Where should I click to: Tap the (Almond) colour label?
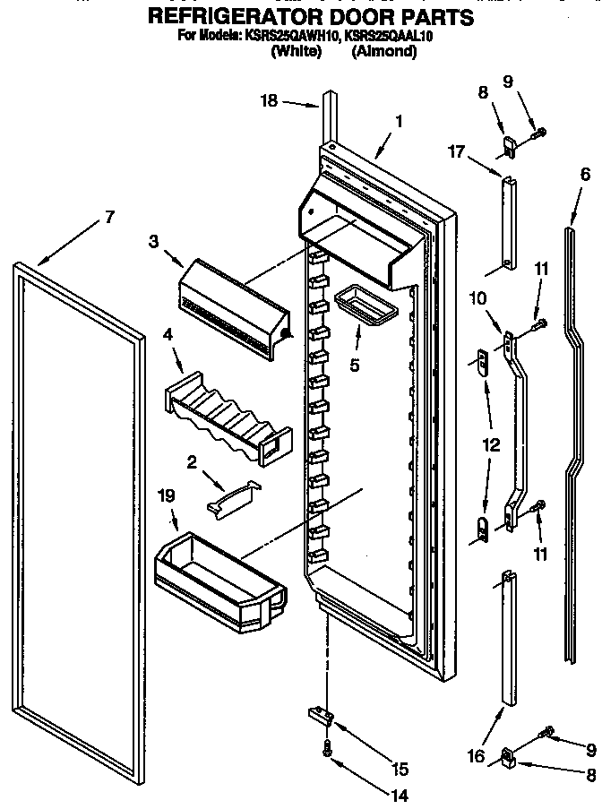click(x=384, y=52)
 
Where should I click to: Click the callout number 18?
click(x=270, y=102)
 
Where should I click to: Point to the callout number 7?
click(x=109, y=216)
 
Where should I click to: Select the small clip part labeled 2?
click(x=231, y=495)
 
